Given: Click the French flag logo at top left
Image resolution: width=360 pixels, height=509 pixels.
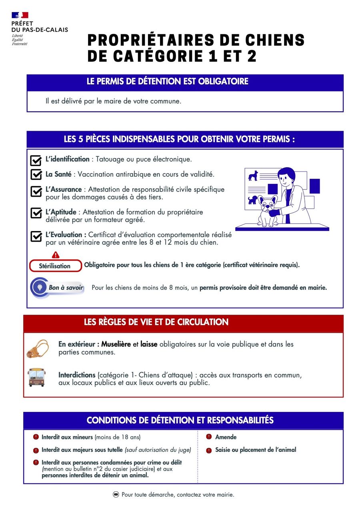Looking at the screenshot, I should (x=20, y=15).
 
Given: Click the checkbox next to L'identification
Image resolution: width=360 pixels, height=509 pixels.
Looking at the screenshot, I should (x=36, y=160).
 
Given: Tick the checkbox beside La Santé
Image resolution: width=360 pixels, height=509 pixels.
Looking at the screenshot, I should (x=36, y=175).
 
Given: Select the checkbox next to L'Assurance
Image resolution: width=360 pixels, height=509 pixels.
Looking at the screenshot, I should (x=36, y=191).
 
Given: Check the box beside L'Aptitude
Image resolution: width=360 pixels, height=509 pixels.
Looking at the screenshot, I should (x=36, y=213).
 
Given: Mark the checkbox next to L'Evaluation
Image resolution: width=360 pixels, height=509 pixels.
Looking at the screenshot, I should (x=36, y=236).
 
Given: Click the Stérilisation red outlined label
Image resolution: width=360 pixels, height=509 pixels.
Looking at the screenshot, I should (x=55, y=266).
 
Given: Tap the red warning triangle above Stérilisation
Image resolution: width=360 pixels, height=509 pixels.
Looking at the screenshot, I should (x=56, y=255).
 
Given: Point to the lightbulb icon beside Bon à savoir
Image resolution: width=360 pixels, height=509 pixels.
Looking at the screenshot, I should (x=40, y=287).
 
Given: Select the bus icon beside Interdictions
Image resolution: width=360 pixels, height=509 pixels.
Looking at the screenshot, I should (x=36, y=377).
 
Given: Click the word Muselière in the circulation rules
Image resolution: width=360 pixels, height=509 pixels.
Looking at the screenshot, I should (x=116, y=344).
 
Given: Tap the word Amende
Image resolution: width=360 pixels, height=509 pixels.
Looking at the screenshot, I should (x=226, y=437).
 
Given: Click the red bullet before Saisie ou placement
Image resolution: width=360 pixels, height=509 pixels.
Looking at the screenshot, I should (x=209, y=450).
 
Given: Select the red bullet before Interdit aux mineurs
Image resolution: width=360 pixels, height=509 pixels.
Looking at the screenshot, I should (x=36, y=437).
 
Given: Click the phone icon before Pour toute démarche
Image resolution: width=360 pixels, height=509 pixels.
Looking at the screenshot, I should (x=116, y=495).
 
